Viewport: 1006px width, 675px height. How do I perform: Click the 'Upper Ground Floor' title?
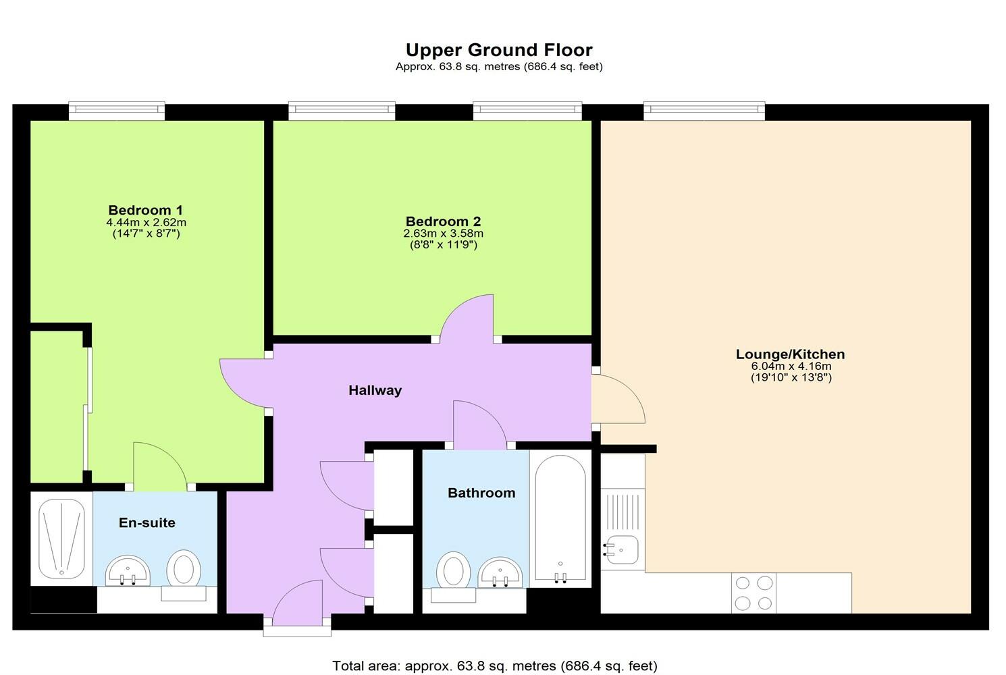pos(499,50)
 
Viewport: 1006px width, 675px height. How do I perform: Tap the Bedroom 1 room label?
pos(145,210)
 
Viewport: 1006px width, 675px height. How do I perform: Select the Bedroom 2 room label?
pos(443,221)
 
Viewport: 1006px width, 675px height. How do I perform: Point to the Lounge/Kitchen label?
pos(790,354)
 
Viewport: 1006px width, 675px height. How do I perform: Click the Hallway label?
pos(375,390)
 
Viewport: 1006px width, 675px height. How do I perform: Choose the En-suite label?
pos(147,522)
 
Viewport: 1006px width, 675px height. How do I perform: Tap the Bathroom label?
pos(481,493)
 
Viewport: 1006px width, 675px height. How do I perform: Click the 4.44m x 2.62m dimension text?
pos(146,222)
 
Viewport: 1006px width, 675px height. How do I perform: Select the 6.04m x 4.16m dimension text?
pos(791,367)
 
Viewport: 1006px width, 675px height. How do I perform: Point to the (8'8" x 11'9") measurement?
pos(444,245)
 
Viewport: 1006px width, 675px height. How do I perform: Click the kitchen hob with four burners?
pos(753,593)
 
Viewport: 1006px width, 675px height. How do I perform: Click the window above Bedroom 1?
pos(117,110)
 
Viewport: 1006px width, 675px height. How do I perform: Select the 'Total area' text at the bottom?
pos(494,666)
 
